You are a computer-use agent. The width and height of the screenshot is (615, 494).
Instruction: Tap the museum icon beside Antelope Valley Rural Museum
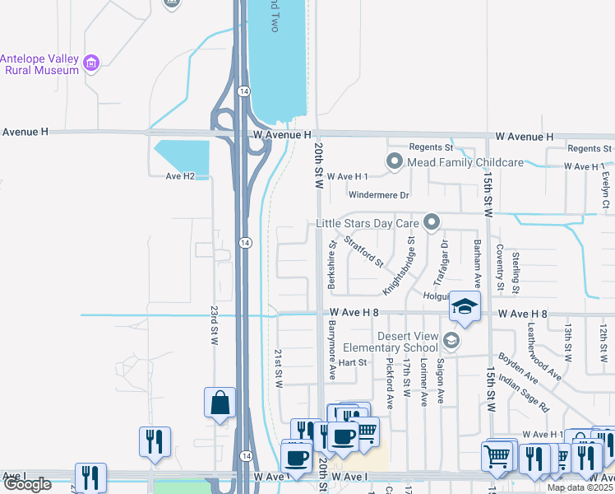[x=91, y=62]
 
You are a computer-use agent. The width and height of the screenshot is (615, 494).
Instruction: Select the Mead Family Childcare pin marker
[x=395, y=162]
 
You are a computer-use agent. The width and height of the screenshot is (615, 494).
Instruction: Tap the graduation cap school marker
[x=465, y=306]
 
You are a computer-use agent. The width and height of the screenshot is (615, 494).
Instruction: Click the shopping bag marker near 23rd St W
[x=220, y=403]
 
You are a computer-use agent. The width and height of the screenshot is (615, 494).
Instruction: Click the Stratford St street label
[x=363, y=253]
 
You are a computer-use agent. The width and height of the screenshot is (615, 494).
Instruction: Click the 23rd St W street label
[x=214, y=325]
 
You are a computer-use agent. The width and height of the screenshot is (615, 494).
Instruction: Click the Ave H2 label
[x=180, y=176]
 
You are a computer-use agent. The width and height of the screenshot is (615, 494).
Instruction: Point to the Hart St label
[x=351, y=362]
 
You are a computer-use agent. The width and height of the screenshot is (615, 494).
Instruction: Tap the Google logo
[x=27, y=485]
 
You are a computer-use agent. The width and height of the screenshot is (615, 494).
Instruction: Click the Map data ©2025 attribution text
[x=580, y=487]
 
